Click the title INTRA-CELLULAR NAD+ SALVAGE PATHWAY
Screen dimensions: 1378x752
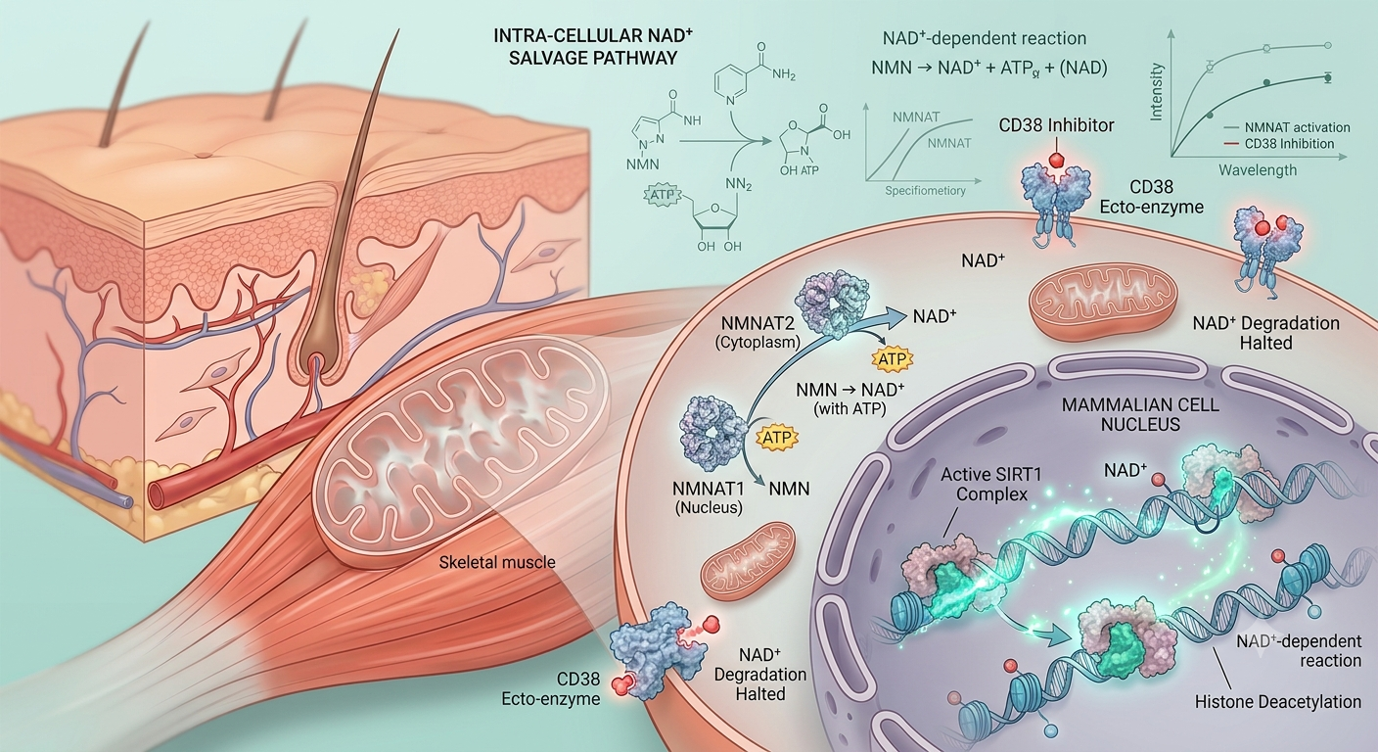coord(592,47)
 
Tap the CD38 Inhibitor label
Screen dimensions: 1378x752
coord(1056,125)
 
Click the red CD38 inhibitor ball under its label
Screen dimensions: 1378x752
coord(1056,160)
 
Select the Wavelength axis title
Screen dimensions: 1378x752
coord(1258,169)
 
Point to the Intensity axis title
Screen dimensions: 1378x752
coord(1156,92)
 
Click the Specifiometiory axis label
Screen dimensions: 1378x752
coord(925,191)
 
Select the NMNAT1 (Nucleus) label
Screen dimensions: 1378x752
coord(709,497)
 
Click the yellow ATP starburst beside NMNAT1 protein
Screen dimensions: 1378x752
coord(776,438)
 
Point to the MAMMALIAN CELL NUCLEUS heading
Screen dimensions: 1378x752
coord(1140,414)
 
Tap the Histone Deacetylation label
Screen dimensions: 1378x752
coord(1278,701)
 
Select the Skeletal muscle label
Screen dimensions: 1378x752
coord(497,562)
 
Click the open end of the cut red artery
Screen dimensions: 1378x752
coord(158,493)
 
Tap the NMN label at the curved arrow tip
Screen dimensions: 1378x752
coord(789,489)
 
